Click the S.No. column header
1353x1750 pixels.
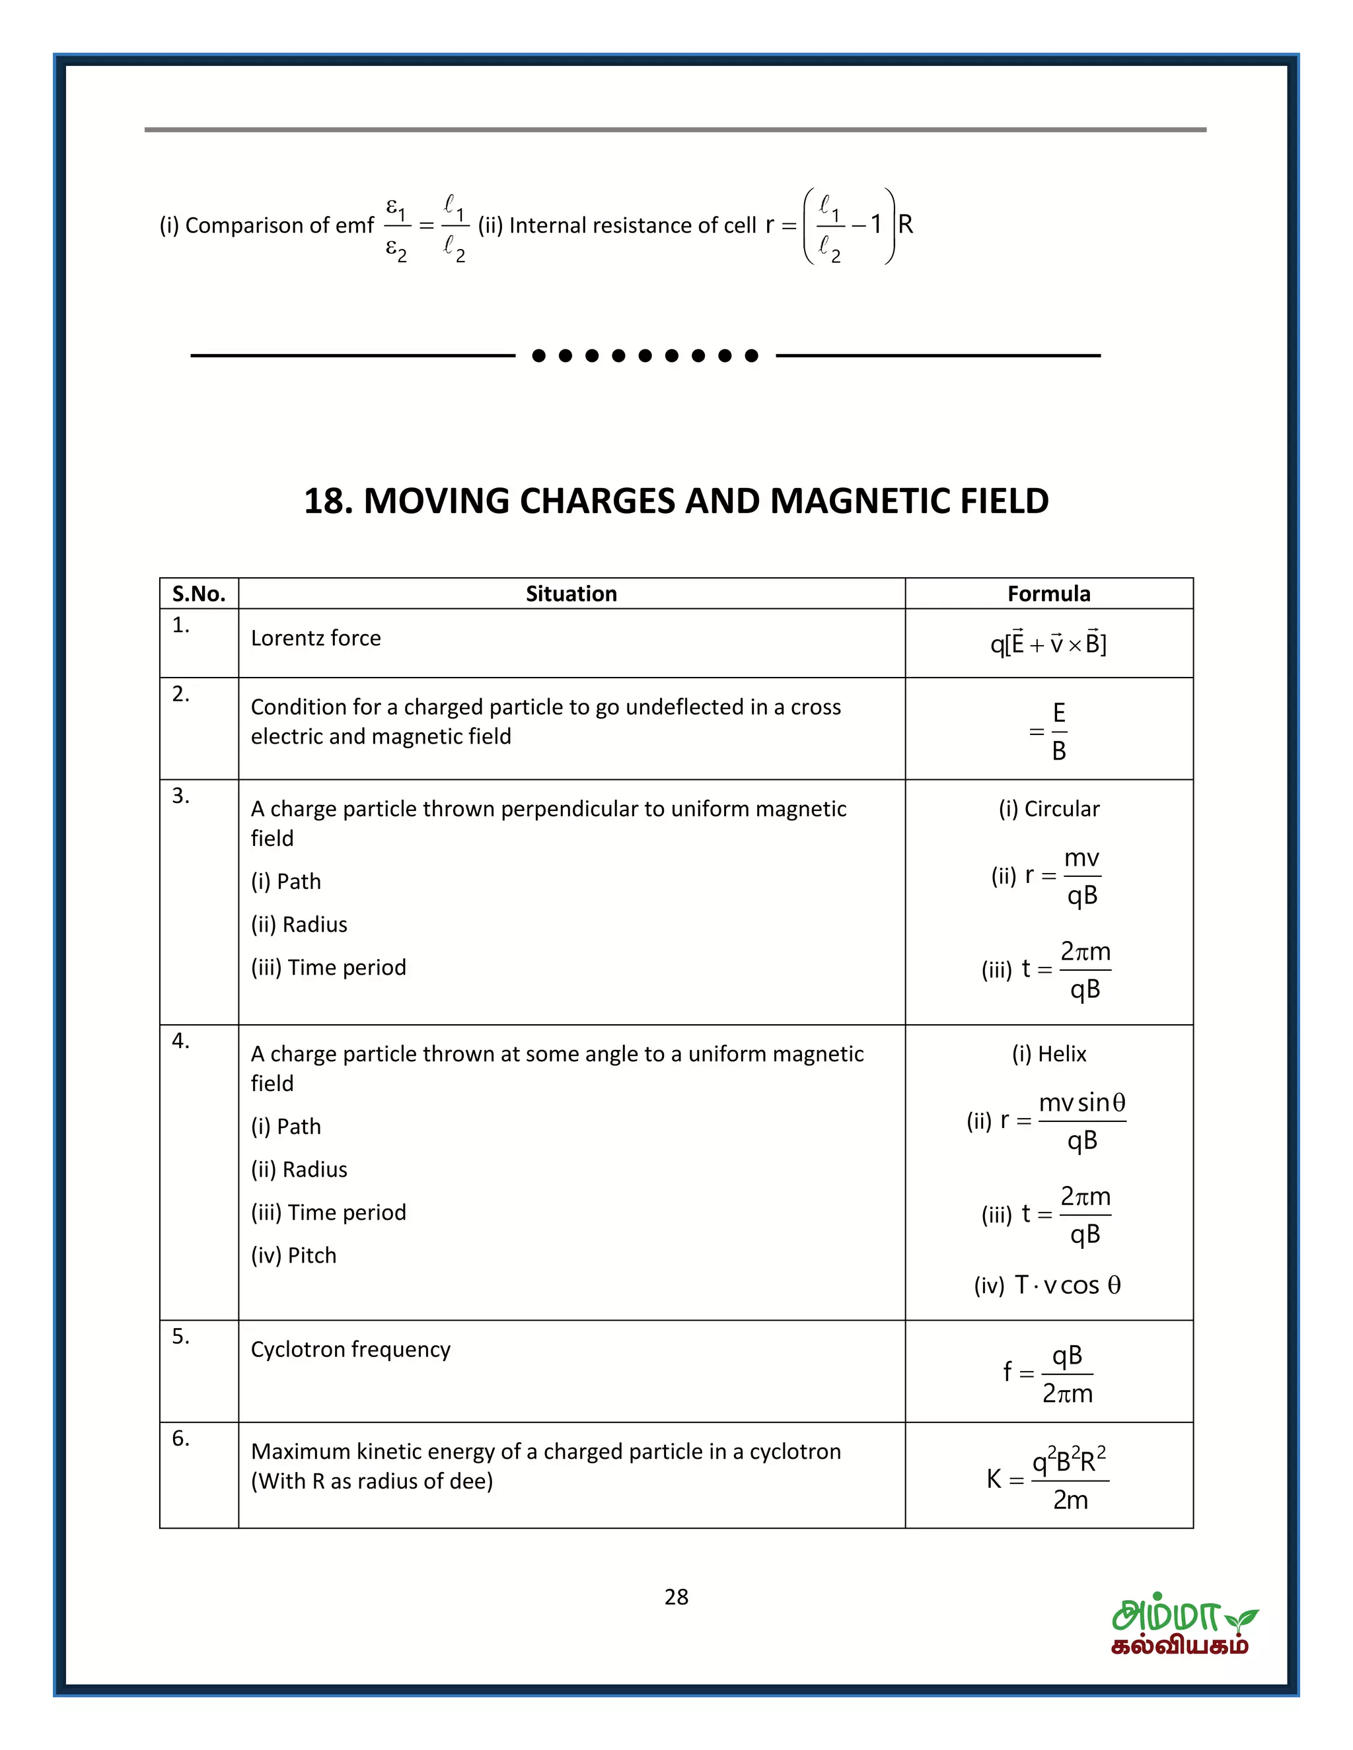(199, 594)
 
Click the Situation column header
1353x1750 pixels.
(571, 594)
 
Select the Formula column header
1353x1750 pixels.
(1048, 594)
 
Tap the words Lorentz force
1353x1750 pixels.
(316, 638)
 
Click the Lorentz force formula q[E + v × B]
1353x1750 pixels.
(1048, 643)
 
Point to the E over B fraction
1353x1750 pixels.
(1058, 732)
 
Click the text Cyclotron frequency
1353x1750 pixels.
(350, 1349)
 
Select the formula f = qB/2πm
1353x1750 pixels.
(1048, 1374)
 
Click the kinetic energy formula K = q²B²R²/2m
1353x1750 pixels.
(1048, 1479)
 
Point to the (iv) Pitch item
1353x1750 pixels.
(293, 1255)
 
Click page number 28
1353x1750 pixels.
(676, 1597)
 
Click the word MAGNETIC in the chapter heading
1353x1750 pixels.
(856, 501)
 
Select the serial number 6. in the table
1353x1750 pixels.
(181, 1438)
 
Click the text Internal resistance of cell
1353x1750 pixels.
(632, 225)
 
